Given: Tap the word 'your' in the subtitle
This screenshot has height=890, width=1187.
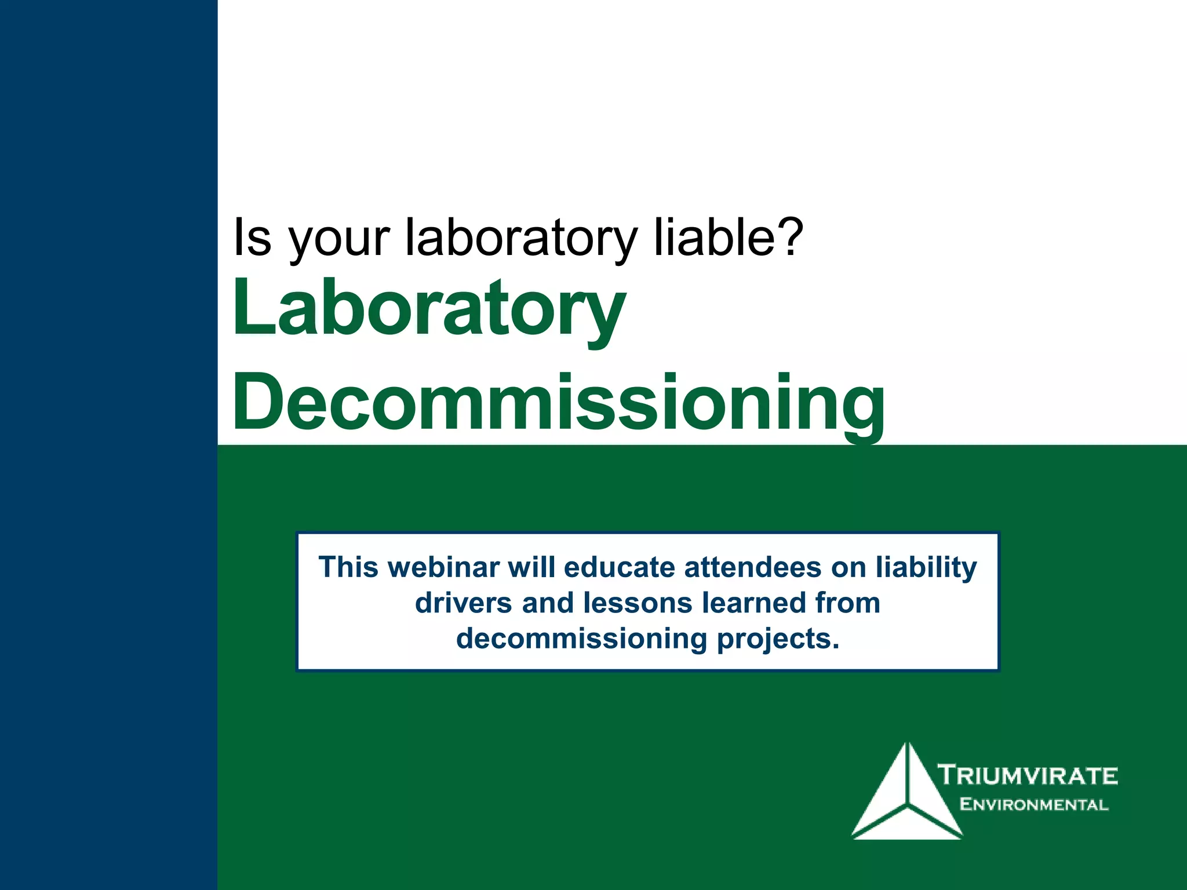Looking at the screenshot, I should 338,239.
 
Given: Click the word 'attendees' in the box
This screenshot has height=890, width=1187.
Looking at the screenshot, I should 753,567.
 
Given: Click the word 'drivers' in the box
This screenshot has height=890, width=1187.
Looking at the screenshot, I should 463,603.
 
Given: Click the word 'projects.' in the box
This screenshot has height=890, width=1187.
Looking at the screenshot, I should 778,639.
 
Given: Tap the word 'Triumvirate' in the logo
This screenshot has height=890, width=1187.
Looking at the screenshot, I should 1028,775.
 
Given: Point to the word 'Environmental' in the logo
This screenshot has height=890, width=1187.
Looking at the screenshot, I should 1033,804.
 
